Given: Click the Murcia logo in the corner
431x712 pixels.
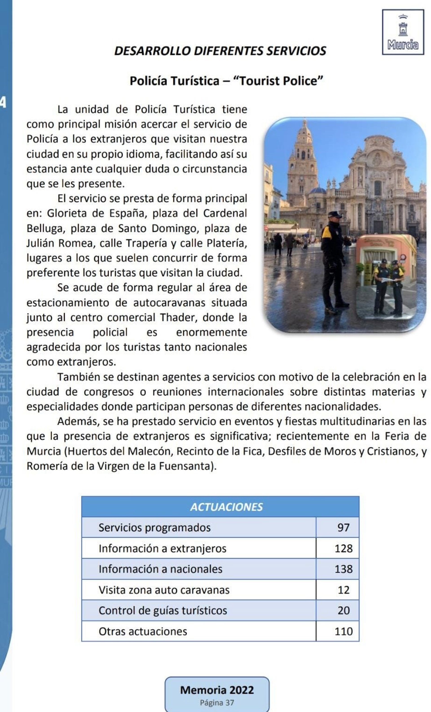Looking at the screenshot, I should point(403,32).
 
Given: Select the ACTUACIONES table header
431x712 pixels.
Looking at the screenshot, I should point(226,507).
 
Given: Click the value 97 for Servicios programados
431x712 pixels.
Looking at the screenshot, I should point(343,528).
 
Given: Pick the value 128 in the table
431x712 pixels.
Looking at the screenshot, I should point(343,548).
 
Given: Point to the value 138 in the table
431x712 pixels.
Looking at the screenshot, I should point(343,569).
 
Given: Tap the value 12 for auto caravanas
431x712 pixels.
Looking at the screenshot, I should point(343,590).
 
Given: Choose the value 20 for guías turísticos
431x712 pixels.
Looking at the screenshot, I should point(343,611).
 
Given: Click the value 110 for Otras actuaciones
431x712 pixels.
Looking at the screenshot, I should point(343,631).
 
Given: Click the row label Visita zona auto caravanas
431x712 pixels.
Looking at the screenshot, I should point(164,590).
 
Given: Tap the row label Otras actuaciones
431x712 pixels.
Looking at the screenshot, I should point(143,631).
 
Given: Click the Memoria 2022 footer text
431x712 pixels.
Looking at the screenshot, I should point(217,690).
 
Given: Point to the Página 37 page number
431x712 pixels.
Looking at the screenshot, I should point(217,703).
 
